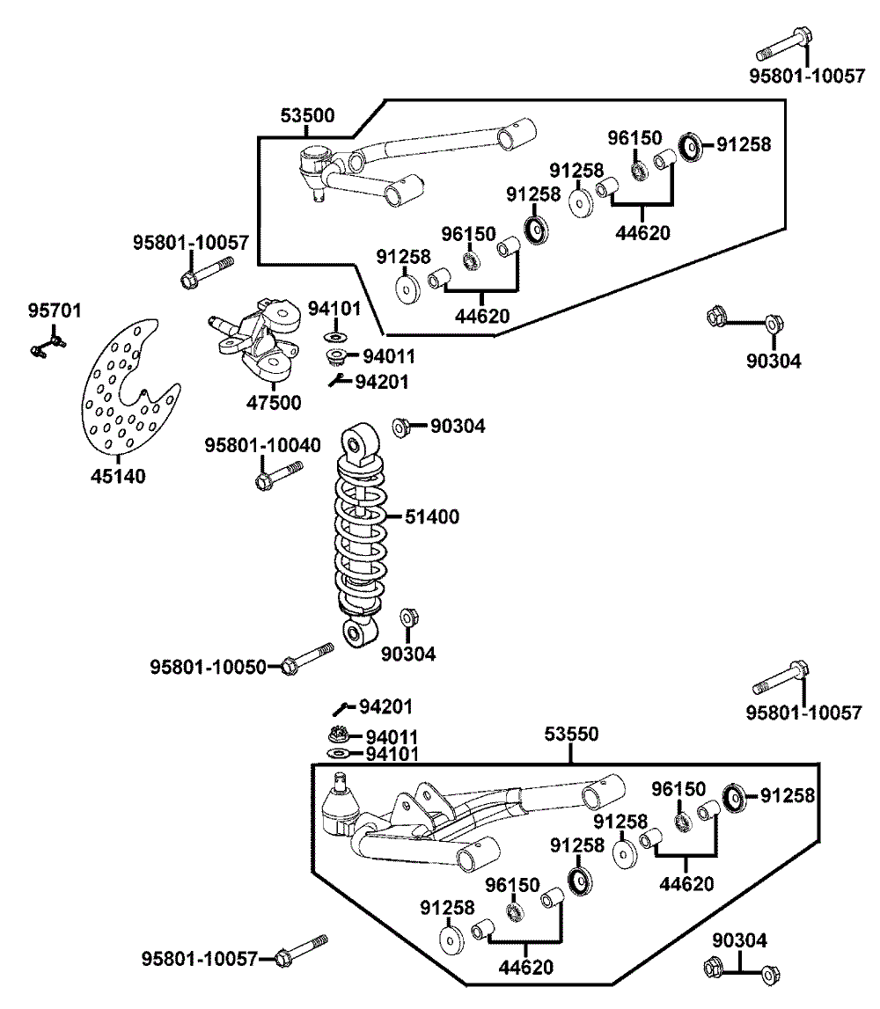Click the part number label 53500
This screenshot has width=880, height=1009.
(307, 116)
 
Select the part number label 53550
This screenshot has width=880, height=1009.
(570, 733)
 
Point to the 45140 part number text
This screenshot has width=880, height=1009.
(118, 476)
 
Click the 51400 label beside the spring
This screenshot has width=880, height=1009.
(431, 517)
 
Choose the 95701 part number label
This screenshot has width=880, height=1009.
(55, 310)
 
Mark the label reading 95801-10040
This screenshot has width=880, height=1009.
(262, 446)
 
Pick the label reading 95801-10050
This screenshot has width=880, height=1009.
(208, 667)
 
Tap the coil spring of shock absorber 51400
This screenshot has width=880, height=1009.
(360, 537)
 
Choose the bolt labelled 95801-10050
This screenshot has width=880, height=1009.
(307, 659)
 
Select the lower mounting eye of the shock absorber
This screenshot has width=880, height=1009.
(358, 631)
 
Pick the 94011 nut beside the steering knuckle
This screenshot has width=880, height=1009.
(335, 356)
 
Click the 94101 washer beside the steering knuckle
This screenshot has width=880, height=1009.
(335, 337)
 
